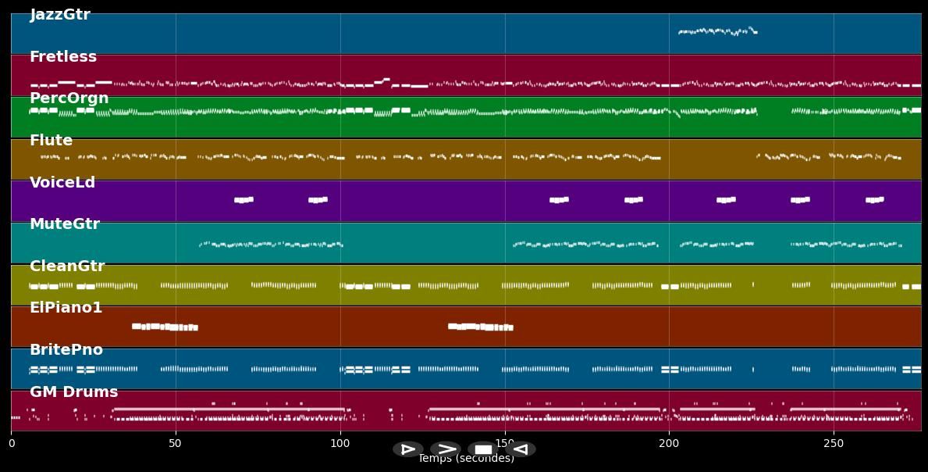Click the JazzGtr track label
(x=60, y=15)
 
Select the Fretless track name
(x=63, y=57)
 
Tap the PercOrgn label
(x=69, y=98)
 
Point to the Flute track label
(x=51, y=141)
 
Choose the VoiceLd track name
(x=62, y=183)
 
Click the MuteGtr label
(x=65, y=224)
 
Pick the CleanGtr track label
(x=67, y=266)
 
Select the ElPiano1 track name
(x=66, y=308)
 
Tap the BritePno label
(x=66, y=350)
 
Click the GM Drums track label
(x=73, y=392)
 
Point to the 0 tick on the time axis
(x=11, y=444)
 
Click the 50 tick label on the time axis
(x=176, y=444)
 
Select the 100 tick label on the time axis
(x=340, y=444)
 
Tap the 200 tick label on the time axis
(x=669, y=444)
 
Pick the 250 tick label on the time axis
(x=834, y=444)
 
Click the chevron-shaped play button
(x=446, y=449)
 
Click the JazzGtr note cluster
(x=717, y=31)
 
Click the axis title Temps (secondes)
(x=466, y=459)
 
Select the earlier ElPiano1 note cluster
(x=165, y=327)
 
